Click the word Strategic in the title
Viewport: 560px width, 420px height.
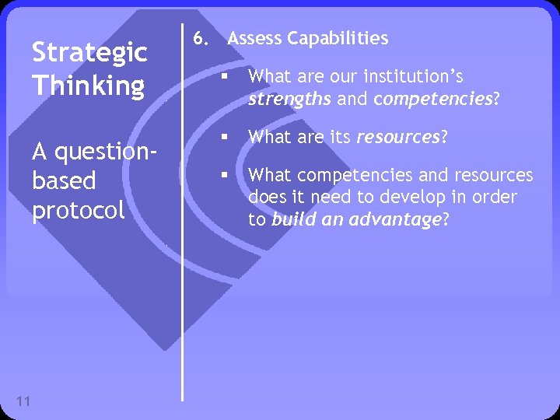[89, 54]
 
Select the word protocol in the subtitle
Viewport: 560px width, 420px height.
[79, 211]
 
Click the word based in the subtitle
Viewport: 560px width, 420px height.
[64, 180]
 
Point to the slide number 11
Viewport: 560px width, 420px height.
[23, 401]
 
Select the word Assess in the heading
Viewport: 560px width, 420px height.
[255, 38]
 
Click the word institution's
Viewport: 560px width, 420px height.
[417, 77]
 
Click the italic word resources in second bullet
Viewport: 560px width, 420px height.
[399, 138]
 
